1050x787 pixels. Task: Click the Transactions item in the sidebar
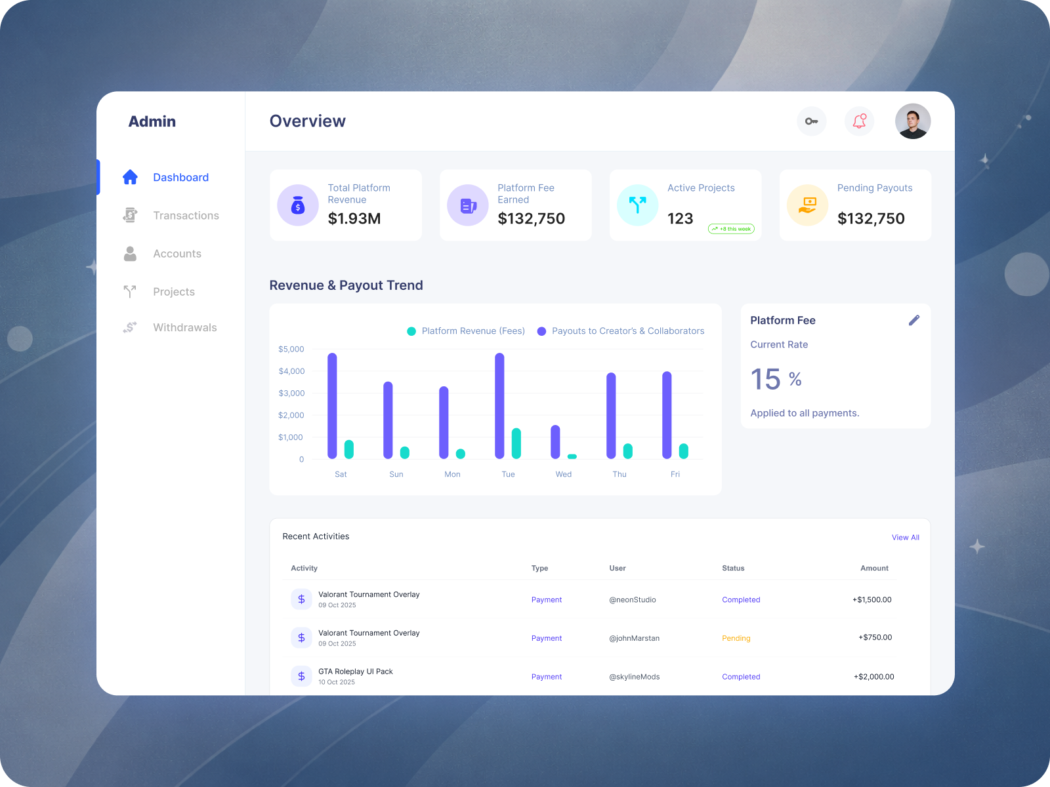[x=186, y=216]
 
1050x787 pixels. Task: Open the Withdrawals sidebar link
[x=184, y=328]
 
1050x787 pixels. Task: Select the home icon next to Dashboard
[x=130, y=177]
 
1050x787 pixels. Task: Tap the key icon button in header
[x=812, y=121]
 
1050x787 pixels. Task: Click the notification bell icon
[x=859, y=121]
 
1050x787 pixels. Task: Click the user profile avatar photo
[x=913, y=121]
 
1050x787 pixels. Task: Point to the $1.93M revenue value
[x=354, y=219]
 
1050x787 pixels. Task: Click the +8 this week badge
[x=731, y=229]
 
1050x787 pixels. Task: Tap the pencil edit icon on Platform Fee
[x=914, y=320]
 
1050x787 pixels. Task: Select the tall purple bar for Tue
[x=499, y=405]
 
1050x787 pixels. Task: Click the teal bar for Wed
[x=572, y=456]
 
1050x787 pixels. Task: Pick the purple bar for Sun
[x=388, y=420]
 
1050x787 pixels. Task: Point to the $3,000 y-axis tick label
[x=291, y=393]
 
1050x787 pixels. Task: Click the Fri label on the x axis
[x=675, y=474]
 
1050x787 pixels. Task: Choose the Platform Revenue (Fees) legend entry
[x=466, y=331]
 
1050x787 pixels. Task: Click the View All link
[x=905, y=538]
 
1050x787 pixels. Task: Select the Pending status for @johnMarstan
[x=736, y=638]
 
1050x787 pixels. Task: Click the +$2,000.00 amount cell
[x=873, y=677]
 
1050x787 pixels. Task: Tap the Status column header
[x=733, y=569]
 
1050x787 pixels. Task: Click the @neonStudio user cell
[x=632, y=600]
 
